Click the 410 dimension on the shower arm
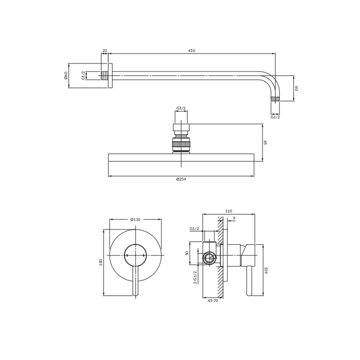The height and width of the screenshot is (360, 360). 191,50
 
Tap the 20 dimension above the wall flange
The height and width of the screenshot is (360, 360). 104,50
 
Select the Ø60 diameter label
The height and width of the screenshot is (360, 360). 65,75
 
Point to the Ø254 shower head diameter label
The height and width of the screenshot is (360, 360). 181,179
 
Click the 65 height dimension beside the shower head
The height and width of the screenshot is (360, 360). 265,142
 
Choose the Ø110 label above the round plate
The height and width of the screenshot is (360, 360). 135,219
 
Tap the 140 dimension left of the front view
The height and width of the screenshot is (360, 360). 100,262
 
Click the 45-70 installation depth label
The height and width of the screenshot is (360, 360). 213,300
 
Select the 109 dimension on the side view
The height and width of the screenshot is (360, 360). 266,270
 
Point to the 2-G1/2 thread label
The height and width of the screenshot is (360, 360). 195,277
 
